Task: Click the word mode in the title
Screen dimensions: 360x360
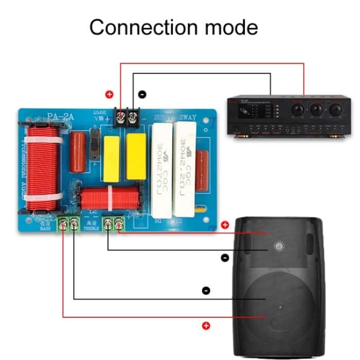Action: (x=231, y=27)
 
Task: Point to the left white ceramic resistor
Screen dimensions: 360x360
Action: (x=164, y=170)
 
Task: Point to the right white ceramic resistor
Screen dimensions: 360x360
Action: (x=185, y=170)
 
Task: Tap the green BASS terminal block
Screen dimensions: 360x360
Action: (x=68, y=223)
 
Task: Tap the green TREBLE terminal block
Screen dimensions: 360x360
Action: (x=114, y=223)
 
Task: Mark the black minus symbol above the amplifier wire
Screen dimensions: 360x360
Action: (x=142, y=95)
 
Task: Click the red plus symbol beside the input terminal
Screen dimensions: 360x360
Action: (x=109, y=95)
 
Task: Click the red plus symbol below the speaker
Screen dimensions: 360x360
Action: (x=206, y=325)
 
